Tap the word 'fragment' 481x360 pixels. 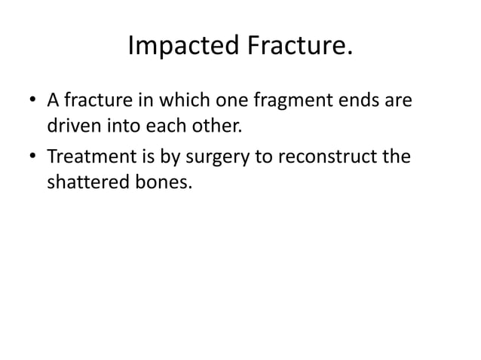(283, 100)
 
